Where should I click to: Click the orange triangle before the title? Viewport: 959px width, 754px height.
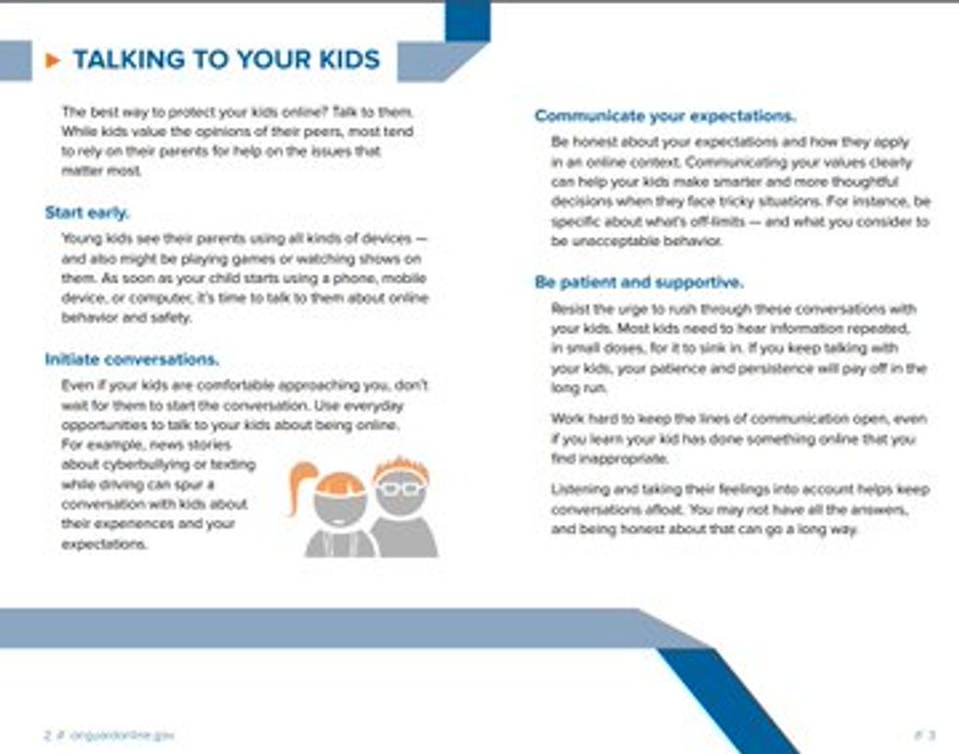53,61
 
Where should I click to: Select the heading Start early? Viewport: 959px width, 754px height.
87,212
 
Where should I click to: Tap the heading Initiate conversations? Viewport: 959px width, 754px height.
132,359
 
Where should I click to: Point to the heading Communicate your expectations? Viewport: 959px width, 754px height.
664,117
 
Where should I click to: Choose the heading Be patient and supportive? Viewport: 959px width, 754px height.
638,283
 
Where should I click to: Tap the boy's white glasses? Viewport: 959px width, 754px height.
401,488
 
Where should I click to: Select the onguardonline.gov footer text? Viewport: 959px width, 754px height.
122,734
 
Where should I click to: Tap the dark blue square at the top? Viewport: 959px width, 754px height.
467,20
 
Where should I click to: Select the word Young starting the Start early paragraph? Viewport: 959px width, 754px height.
81,239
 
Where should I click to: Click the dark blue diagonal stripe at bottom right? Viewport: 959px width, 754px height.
728,699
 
